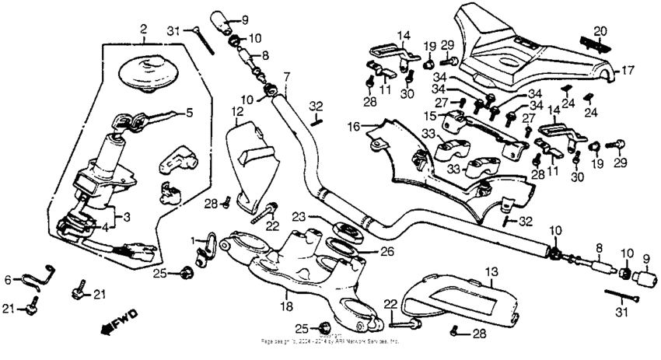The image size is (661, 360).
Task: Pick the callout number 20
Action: [x=599, y=30]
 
